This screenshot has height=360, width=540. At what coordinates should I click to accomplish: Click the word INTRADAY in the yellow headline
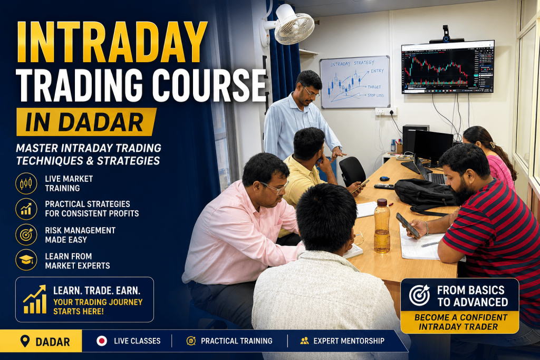(112, 42)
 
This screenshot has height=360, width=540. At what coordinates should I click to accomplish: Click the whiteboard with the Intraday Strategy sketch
(355, 82)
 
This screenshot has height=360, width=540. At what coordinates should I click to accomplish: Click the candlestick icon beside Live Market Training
(26, 183)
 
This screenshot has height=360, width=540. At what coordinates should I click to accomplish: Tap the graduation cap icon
(26, 260)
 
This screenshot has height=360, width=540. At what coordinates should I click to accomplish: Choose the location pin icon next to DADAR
(25, 341)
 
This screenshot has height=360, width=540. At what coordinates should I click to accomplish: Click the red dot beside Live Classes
(102, 340)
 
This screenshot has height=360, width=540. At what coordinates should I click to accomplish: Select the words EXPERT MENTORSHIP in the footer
(349, 340)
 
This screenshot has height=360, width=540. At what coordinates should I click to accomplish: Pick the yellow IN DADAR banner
(86, 122)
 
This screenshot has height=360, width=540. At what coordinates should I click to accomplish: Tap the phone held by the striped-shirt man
(408, 226)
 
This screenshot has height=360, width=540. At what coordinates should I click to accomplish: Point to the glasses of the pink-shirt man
(275, 188)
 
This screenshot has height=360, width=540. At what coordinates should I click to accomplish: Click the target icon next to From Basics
(419, 295)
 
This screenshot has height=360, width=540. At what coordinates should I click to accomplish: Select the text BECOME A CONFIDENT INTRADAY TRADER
(460, 322)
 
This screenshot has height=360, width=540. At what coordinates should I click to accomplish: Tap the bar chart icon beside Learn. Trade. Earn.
(34, 299)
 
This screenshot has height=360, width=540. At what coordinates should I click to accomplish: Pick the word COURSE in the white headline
(209, 85)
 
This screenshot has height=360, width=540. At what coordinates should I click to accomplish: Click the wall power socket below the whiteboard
(386, 112)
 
